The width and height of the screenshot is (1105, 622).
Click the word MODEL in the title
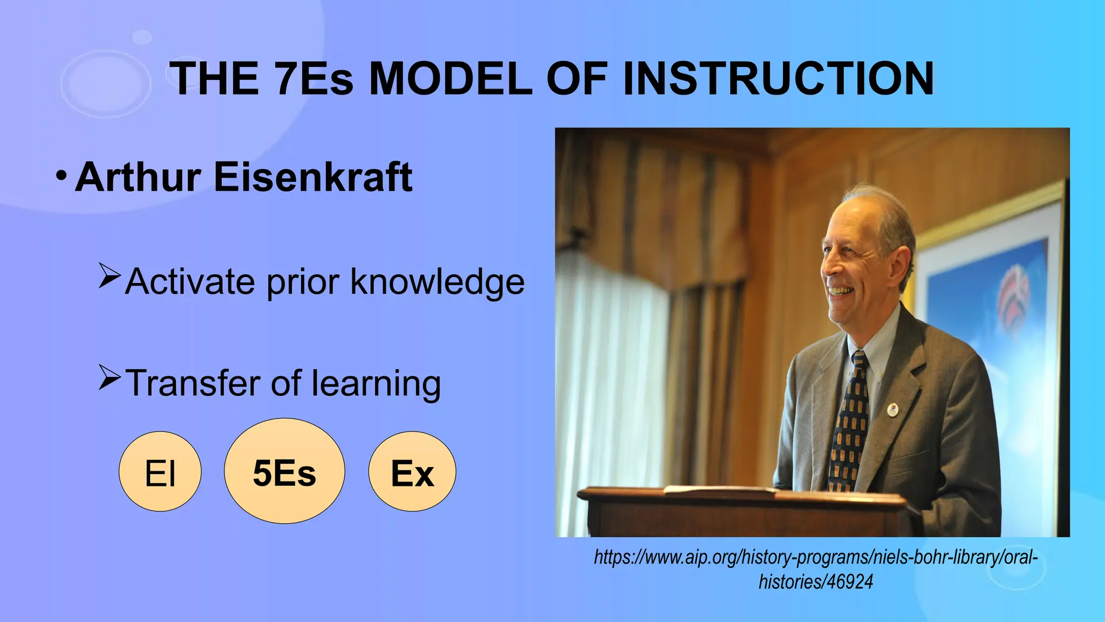[450, 79]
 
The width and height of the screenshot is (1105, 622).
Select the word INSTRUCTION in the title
[777, 79]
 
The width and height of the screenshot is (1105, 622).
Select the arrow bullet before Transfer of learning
[109, 377]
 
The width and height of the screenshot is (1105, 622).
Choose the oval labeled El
[160, 471]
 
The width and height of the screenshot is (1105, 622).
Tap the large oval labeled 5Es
[284, 471]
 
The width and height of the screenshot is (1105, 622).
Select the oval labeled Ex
[412, 471]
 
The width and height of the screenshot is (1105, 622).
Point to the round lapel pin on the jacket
[892, 409]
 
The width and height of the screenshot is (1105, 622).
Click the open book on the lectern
[720, 490]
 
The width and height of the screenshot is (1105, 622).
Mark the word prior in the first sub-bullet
[303, 282]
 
